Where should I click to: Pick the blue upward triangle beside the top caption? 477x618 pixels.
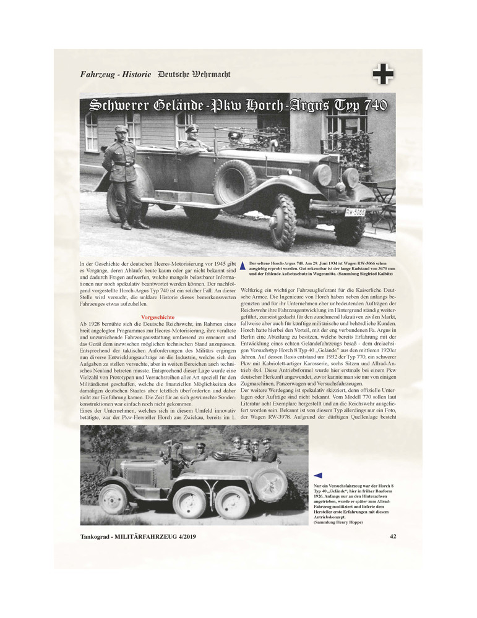pyautogui.click(x=243, y=266)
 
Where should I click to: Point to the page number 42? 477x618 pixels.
pyautogui.click(x=393, y=536)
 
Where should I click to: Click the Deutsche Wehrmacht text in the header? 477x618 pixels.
pyautogui.click(x=194, y=74)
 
